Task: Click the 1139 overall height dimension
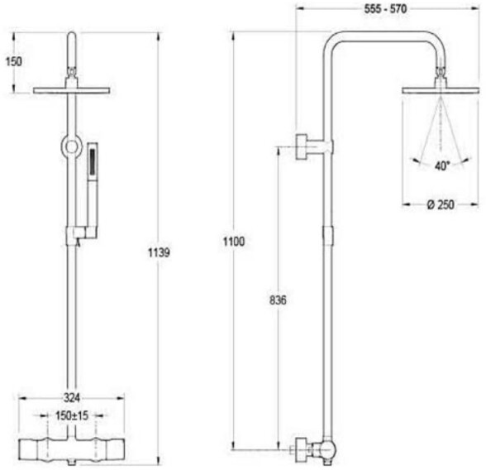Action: (159, 253)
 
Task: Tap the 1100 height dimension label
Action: (234, 241)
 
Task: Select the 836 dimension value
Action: (278, 300)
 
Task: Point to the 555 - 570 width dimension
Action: (385, 9)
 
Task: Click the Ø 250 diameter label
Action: (441, 204)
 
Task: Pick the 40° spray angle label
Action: (442, 165)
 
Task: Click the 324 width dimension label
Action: (72, 397)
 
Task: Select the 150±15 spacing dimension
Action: (72, 415)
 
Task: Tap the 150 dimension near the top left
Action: (14, 61)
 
